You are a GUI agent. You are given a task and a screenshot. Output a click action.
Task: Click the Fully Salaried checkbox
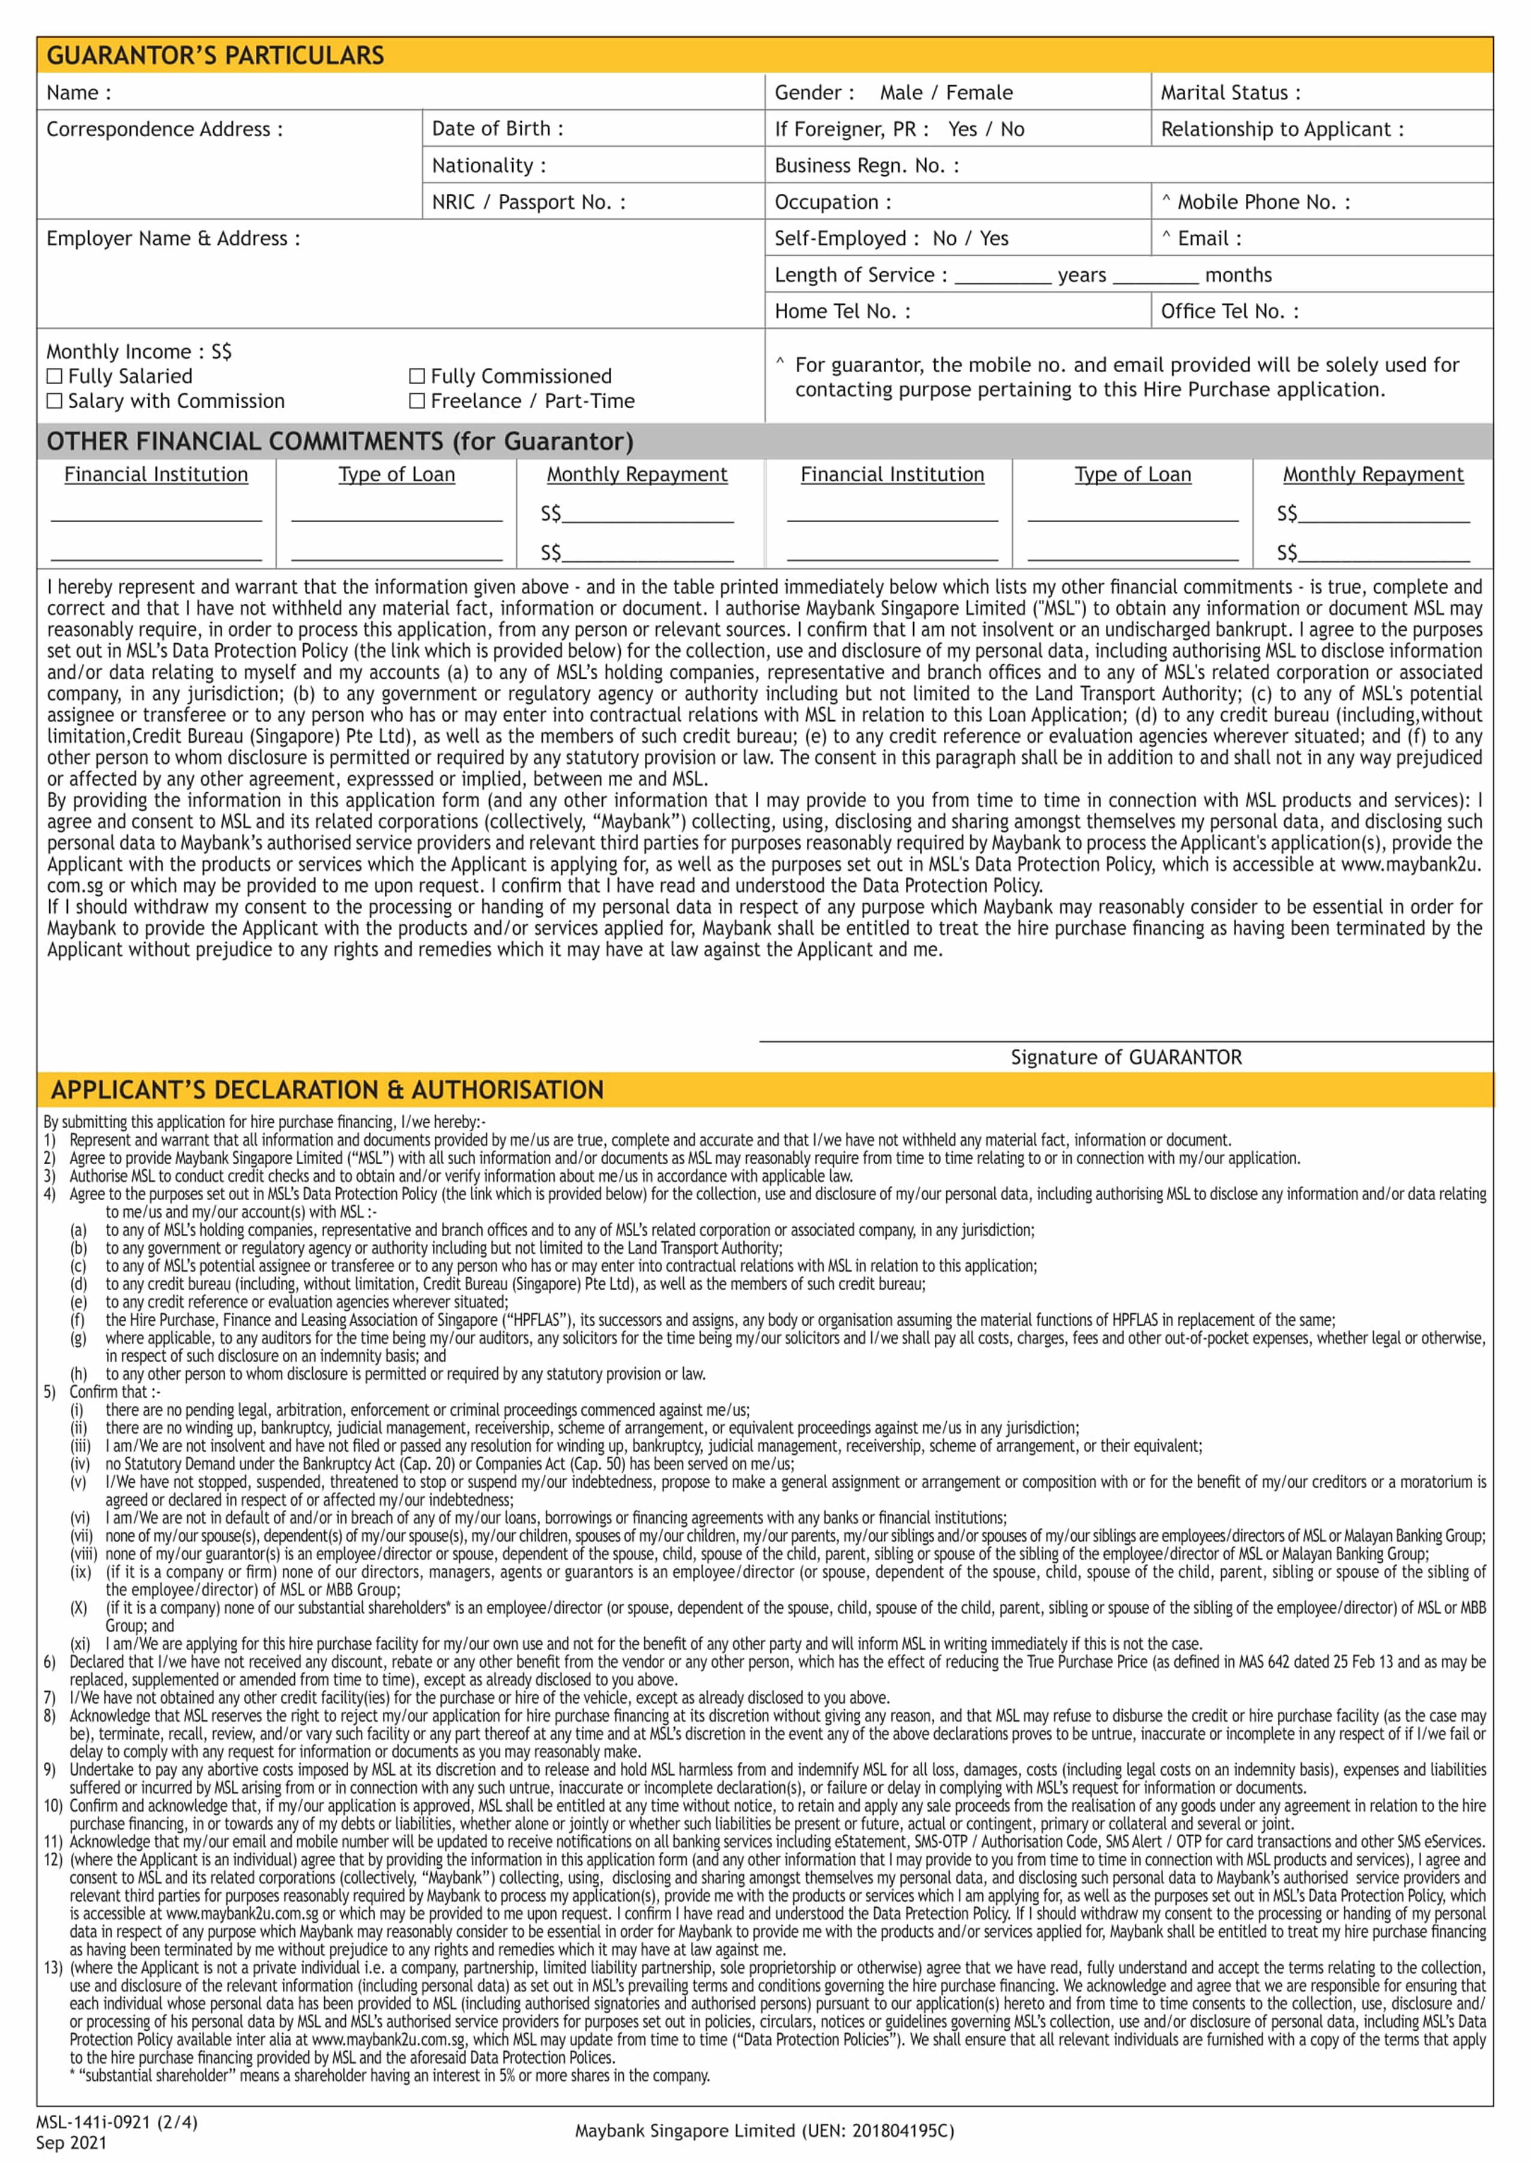tap(55, 376)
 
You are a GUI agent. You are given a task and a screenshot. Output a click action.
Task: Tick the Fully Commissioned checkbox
tap(417, 376)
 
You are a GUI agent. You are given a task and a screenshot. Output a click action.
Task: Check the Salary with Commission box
tap(55, 400)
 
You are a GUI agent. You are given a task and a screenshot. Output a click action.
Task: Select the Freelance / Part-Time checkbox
tap(417, 400)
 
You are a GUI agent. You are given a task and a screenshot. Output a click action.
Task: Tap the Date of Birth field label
tap(497, 129)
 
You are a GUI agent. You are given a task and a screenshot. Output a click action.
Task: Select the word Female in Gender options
tap(979, 92)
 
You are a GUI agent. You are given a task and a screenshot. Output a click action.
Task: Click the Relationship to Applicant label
tap(1281, 129)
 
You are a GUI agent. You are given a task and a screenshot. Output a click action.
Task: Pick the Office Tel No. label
tap(1228, 311)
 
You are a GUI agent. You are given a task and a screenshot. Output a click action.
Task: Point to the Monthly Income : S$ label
tap(139, 352)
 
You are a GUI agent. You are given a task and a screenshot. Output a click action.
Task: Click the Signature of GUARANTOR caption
tap(1126, 1057)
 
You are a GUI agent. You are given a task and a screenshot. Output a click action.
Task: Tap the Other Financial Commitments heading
tap(339, 441)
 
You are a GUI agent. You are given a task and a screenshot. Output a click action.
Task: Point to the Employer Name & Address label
tap(172, 238)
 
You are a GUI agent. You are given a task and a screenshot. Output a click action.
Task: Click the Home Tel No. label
tap(842, 311)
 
